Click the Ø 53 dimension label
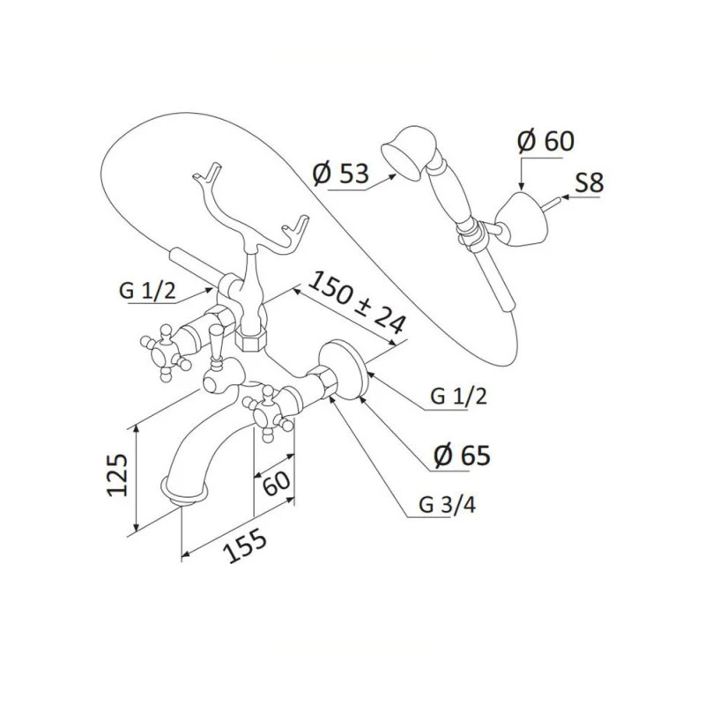(x=340, y=173)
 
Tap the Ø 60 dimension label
(x=545, y=141)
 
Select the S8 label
(x=589, y=183)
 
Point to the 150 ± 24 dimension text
(x=358, y=302)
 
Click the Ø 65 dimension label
(x=462, y=456)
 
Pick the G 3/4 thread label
(x=447, y=505)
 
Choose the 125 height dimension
(x=117, y=474)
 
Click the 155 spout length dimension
(x=246, y=545)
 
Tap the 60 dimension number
(x=276, y=482)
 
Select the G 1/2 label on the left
(x=147, y=291)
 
